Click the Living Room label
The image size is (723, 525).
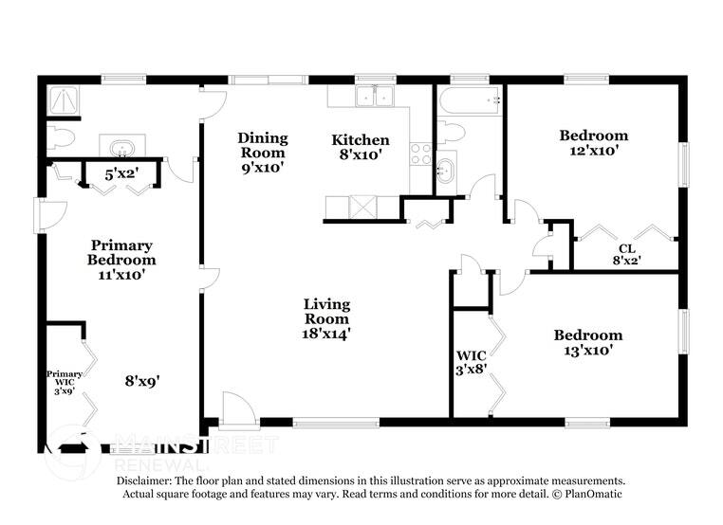326,318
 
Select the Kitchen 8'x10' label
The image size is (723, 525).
360,147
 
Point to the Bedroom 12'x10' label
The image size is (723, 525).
593,142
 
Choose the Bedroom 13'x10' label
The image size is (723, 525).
588,342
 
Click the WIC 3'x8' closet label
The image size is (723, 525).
471,363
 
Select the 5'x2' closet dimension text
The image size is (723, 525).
120,173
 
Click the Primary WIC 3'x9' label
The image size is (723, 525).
65,382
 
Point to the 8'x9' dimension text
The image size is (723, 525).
141,381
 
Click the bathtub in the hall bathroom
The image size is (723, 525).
469,100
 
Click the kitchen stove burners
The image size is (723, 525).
421,154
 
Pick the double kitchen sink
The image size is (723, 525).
374,96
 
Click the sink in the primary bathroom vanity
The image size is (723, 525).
121,148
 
